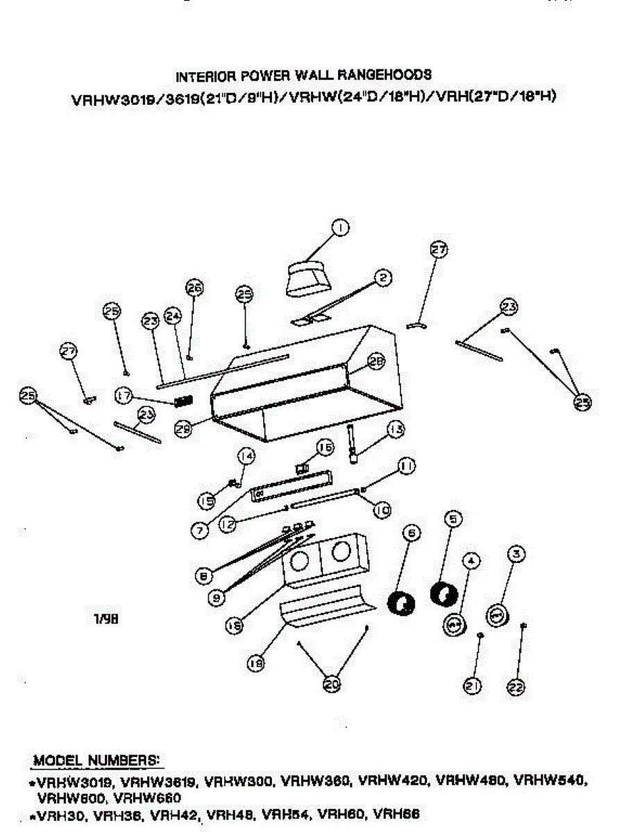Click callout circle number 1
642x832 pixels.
coord(339,227)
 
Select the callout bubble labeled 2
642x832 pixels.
coord(383,277)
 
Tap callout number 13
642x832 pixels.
coord(396,430)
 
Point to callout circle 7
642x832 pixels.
coord(199,530)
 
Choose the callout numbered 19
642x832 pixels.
coord(255,664)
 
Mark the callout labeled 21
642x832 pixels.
coord(473,686)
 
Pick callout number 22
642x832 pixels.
coord(516,686)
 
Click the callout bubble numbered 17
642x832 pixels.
coord(124,396)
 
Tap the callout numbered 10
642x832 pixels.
coord(382,511)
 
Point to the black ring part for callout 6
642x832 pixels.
coord(400,604)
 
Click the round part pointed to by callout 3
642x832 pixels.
coord(498,615)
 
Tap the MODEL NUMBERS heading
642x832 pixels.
coord(96,760)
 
